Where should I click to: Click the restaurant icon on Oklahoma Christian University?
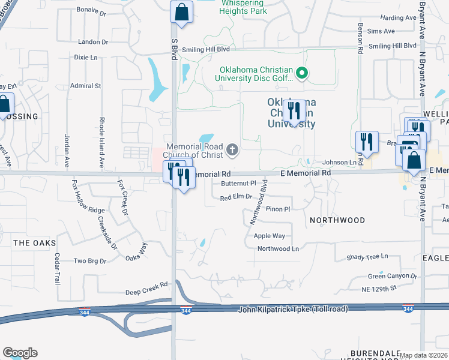coord(294,111)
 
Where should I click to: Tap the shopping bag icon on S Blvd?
coord(181,12)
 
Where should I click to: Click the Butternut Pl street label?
coord(238,184)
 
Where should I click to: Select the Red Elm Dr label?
coord(235,197)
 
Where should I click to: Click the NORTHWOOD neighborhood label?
coord(337,220)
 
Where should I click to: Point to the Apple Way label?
coord(269,236)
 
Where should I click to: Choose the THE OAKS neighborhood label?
coord(34,243)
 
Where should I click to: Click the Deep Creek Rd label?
coord(146,292)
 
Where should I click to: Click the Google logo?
coord(20,353)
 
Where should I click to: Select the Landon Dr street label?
coord(93,42)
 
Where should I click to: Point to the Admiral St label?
coord(86,86)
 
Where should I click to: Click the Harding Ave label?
coord(398,18)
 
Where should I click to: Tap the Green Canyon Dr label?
coord(393,276)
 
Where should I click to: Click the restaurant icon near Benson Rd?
coord(366,142)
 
